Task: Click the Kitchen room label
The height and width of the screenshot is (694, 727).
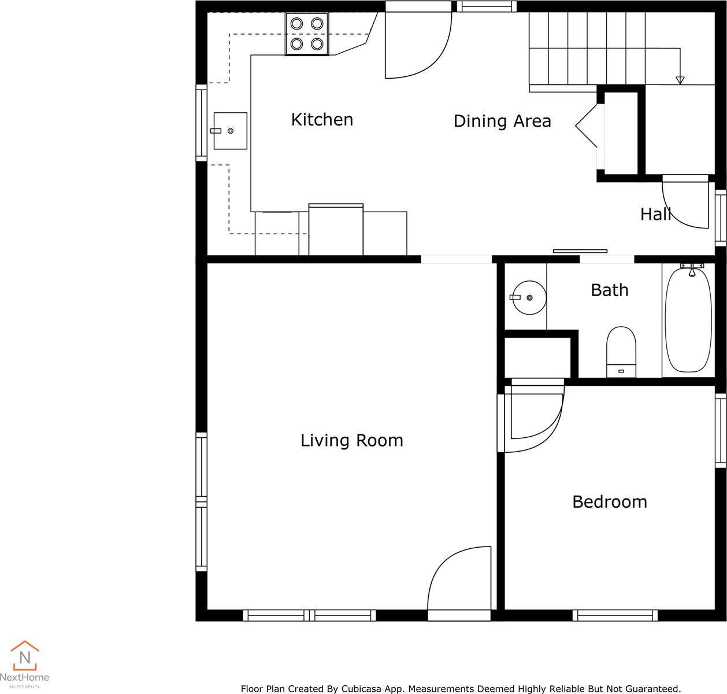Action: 322,120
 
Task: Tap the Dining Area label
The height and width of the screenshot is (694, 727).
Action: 502,121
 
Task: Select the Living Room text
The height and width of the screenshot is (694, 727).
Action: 352,441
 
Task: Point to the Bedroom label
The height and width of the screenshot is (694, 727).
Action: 610,502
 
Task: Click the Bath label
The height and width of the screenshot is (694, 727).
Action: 610,290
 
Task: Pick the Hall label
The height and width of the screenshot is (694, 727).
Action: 655,215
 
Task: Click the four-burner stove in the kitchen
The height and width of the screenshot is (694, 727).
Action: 306,34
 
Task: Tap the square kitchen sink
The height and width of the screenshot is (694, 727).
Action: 230,131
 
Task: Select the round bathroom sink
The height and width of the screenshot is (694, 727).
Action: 529,298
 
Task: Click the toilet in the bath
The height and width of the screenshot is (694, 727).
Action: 621,352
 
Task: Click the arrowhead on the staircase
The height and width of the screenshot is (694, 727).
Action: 680,80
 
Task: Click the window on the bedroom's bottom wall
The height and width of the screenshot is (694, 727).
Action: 615,615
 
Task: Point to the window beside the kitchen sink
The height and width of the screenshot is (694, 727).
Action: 202,123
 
